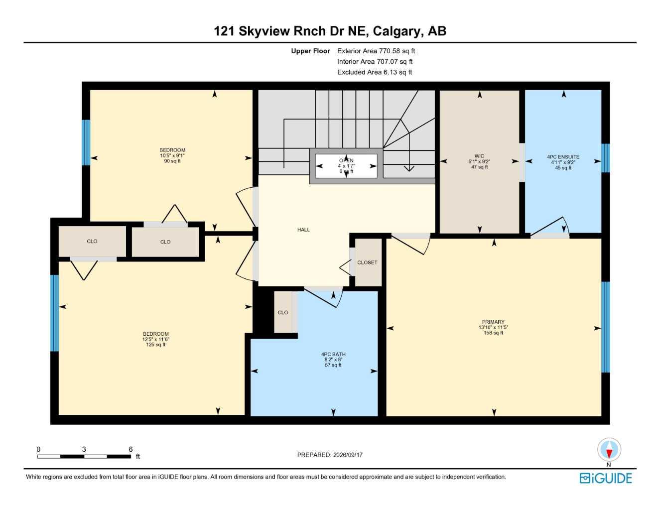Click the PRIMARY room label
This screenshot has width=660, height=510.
click(493, 321)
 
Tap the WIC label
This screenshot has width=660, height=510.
click(479, 156)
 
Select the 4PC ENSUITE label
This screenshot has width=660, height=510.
click(563, 157)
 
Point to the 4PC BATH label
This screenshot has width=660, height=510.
click(333, 354)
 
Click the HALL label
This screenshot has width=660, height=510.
click(303, 230)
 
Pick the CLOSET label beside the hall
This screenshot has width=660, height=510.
click(367, 262)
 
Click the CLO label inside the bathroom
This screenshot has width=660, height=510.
click(283, 312)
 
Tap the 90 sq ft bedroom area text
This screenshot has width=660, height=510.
click(172, 161)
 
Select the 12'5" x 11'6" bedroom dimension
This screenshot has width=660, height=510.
click(155, 339)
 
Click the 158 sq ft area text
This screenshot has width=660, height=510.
click(493, 332)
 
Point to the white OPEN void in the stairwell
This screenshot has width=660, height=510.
click(346, 166)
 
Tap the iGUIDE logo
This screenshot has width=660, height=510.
click(606, 478)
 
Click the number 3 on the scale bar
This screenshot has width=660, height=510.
click(84, 449)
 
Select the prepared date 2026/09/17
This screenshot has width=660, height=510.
click(348, 455)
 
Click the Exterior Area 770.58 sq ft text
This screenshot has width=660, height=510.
click(376, 51)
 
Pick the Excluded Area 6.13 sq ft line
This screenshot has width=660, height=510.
click(375, 72)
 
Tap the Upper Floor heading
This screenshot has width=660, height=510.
click(310, 51)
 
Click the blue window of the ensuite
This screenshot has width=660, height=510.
click(605, 158)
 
